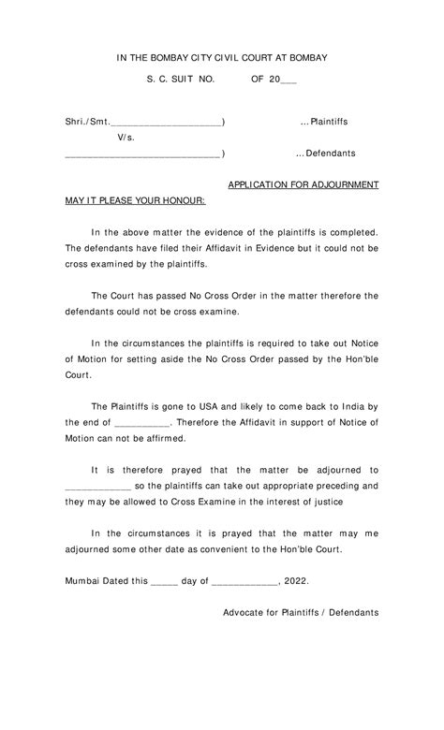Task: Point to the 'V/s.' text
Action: pos(126,138)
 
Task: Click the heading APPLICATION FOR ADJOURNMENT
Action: pos(303,185)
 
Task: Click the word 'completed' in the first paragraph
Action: pos(352,232)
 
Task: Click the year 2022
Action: pos(294,580)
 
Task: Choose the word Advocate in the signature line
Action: pos(246,612)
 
